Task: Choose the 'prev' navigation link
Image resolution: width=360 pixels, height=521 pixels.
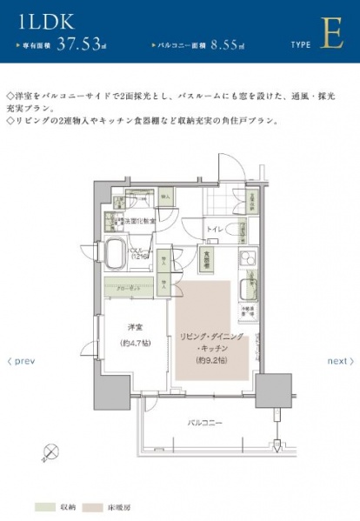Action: click(21, 361)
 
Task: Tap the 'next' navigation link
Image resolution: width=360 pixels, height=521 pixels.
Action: click(337, 361)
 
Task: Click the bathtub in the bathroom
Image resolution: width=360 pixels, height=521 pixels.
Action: click(118, 254)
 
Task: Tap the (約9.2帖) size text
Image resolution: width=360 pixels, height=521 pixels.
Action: click(210, 359)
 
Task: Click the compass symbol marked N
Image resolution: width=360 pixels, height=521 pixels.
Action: click(51, 451)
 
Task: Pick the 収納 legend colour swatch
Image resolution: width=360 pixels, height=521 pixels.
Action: click(45, 504)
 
